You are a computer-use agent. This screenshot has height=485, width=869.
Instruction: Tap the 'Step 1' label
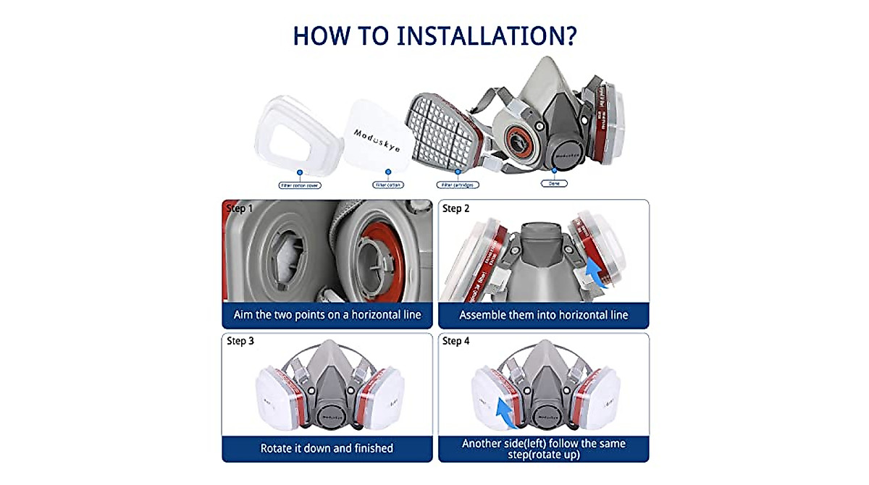pos(240,208)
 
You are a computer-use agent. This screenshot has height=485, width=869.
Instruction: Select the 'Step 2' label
pos(456,208)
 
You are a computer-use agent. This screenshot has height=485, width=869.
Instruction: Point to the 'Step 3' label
pos(240,341)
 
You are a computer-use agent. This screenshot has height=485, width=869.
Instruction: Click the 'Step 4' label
pos(456,341)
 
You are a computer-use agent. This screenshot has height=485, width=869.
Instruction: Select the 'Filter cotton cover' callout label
pos(300,185)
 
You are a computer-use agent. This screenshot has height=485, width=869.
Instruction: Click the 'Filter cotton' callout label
pos(388,185)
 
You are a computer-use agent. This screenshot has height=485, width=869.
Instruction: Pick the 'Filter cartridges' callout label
pos(457,185)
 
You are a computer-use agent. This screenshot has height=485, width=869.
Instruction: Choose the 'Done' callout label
pos(554,184)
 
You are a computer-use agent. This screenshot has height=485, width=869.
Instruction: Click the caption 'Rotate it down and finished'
pos(327,448)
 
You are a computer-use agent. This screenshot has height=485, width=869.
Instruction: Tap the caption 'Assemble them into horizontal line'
pos(543,316)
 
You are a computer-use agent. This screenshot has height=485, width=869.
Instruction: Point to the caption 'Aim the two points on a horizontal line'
pos(327,316)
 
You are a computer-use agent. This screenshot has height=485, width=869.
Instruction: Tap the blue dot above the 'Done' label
pos(554,172)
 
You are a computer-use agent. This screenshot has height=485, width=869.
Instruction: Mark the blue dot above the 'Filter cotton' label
pos(388,172)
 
